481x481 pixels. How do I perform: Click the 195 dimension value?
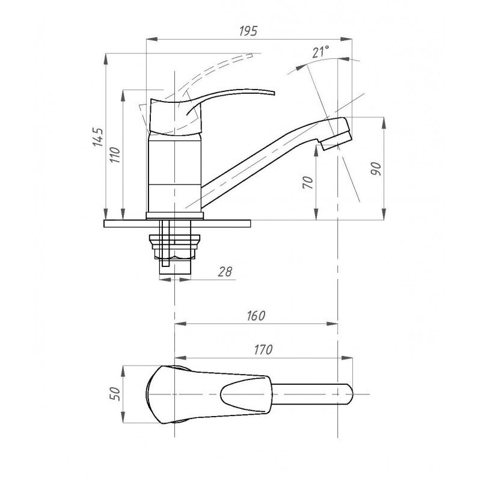tap(248, 31)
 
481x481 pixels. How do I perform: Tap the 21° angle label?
tap(321, 52)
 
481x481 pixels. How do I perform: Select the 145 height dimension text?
tap(99, 137)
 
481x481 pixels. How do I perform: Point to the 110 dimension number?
tap(115, 155)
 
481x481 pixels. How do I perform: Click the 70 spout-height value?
tap(308, 183)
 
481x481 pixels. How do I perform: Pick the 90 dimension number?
tap(375, 169)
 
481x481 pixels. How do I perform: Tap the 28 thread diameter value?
tap(225, 272)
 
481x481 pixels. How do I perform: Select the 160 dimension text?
tap(256, 316)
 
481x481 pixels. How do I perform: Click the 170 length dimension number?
tap(263, 349)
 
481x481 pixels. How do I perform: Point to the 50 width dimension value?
tap(114, 394)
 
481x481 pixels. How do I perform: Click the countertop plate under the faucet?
tap(177, 224)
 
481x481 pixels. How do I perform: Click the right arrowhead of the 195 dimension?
tap(346, 39)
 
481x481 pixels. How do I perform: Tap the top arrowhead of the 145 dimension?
tap(106, 59)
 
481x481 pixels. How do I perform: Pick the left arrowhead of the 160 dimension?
tap(180, 323)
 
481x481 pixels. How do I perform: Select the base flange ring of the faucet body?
tap(174, 216)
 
